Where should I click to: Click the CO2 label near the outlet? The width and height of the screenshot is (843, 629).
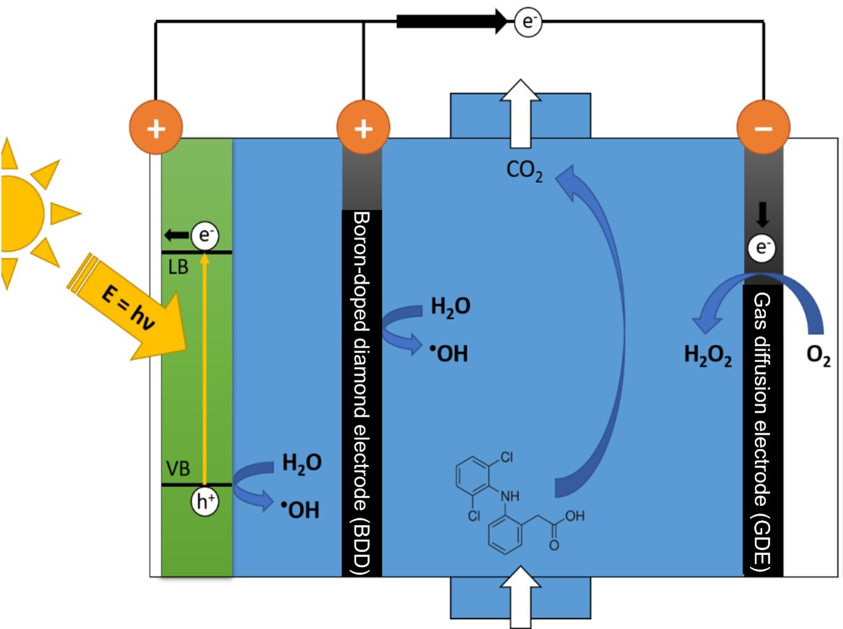coord(524,171)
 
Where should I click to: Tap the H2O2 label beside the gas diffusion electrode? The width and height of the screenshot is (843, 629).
coord(707,355)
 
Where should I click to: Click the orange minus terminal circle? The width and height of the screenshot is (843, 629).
coord(763,128)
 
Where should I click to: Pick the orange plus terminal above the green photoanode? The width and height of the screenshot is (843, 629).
coord(156,128)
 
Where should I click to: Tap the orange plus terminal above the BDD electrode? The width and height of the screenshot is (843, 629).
coord(363,128)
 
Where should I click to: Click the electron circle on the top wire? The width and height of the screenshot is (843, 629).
coord(527,22)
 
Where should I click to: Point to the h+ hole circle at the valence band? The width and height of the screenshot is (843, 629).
coord(204,501)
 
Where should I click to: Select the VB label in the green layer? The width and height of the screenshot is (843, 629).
coord(178,469)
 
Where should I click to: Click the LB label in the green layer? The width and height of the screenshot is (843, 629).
coord(178,267)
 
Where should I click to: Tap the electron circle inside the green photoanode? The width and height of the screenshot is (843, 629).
coord(205,235)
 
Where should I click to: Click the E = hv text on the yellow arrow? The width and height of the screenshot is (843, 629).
coord(128,308)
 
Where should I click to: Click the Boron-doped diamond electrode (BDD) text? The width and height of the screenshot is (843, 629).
coord(361,392)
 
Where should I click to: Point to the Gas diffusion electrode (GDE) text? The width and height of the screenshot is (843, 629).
coord(762,431)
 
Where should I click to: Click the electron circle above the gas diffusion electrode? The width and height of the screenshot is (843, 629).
coord(761,247)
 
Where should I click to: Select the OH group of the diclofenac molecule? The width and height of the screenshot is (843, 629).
coord(574,516)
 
